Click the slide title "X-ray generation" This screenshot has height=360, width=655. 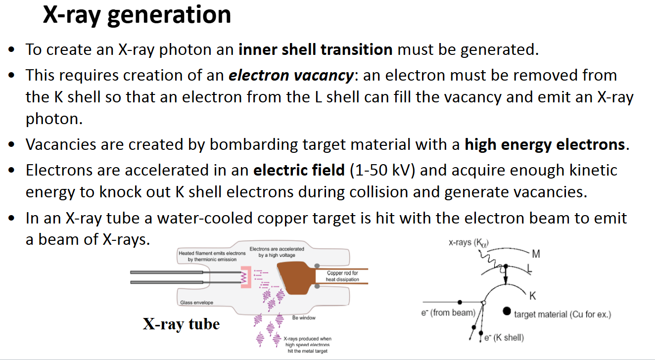pos(137,14)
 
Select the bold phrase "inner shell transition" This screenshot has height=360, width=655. pos(316,49)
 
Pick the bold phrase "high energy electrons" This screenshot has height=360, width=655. pos(545,145)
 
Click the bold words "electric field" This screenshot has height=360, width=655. pos(299,171)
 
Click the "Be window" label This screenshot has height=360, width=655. pos(304,317)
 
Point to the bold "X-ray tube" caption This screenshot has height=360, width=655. pos(181,324)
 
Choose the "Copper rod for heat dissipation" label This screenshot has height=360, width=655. pos(342,276)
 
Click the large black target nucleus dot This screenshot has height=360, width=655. pos(507,311)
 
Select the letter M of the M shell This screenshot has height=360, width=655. pos(536,254)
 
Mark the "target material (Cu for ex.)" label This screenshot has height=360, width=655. pos(562,314)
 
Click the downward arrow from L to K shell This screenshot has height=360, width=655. pos(506,277)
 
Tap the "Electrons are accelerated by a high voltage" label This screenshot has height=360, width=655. pos(277,252)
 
